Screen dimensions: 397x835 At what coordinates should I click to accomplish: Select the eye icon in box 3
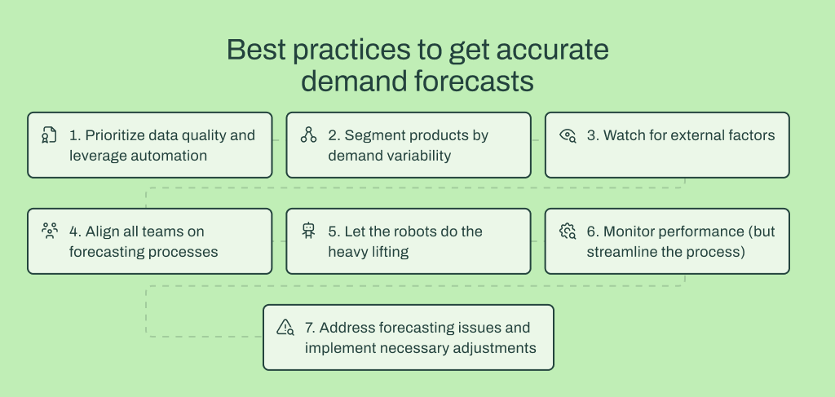point(568,136)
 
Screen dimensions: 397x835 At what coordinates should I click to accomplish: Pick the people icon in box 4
point(49,232)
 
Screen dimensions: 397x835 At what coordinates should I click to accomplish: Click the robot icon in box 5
point(308,232)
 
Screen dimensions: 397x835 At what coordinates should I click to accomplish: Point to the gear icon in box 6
point(568,232)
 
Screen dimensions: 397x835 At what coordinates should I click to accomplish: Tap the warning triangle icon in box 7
point(285,328)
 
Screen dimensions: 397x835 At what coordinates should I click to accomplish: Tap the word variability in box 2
point(419,155)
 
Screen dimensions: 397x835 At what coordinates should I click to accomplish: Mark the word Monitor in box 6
point(630,232)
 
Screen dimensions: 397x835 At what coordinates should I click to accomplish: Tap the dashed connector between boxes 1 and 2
point(279,140)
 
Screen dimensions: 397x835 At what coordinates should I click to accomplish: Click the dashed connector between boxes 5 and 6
point(537,241)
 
